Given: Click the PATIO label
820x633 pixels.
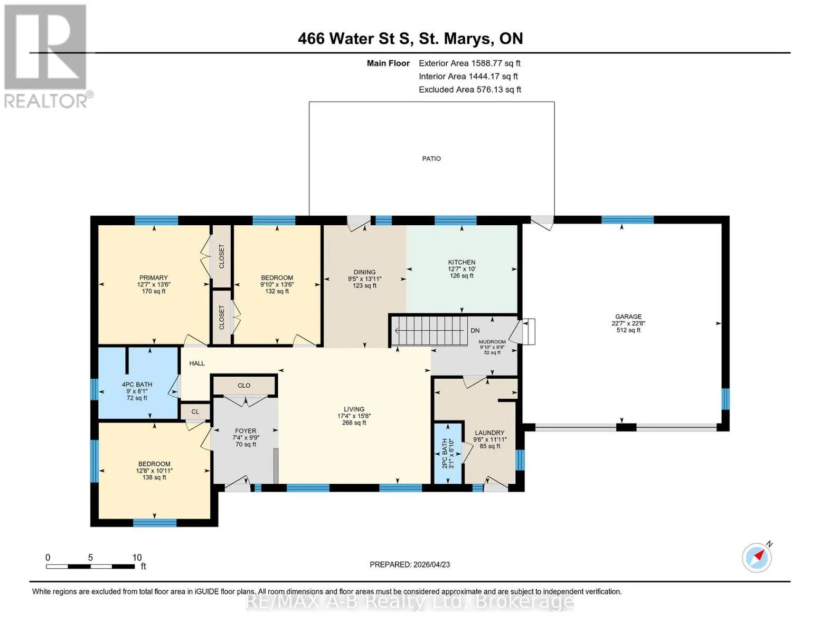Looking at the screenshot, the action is [431, 159].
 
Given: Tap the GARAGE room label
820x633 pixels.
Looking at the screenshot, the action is [628, 316].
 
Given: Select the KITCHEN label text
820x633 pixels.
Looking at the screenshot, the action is [461, 262].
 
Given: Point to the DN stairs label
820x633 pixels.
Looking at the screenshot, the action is [475, 331].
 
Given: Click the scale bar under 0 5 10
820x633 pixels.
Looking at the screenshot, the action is [90, 566].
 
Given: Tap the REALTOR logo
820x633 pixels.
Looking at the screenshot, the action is [46, 56].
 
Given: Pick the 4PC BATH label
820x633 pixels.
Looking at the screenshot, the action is [137, 385].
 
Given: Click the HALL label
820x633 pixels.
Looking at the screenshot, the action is [197, 363].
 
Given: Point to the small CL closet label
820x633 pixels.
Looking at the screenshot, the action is [195, 411].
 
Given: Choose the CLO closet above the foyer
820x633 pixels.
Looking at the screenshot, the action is [244, 385].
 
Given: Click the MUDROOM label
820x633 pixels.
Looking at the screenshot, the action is [492, 342].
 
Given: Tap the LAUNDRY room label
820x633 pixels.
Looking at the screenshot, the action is [489, 433].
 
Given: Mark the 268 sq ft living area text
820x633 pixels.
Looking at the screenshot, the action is [354, 423].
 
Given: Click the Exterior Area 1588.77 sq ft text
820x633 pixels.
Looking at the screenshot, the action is [469, 63].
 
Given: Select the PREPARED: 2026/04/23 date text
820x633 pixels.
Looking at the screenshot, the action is [409, 564].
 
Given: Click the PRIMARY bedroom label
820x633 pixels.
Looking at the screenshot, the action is [153, 277].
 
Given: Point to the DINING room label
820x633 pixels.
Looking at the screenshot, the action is [364, 272].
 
